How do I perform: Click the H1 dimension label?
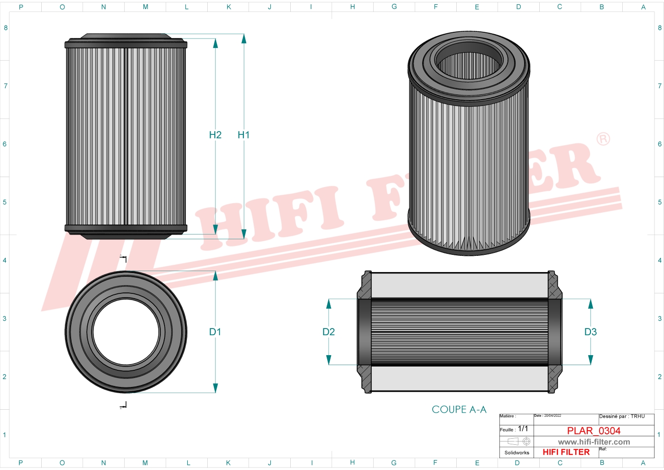[x=243, y=135]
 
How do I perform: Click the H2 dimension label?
[x=215, y=135]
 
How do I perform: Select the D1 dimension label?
[x=215, y=332]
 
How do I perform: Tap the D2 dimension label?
[x=329, y=332]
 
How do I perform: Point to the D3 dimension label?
[x=590, y=332]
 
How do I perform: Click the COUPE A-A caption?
[x=459, y=410]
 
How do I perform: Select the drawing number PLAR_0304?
[x=594, y=431]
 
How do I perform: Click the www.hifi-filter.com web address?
[x=594, y=442]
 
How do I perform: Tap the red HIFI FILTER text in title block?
[x=566, y=452]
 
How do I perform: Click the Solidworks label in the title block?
[x=516, y=453]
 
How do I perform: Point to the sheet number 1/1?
[x=523, y=429]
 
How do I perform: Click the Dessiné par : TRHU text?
[x=622, y=416]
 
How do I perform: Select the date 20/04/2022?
[x=552, y=416]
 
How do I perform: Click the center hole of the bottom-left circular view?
[x=126, y=332]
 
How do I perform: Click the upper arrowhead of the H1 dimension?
[x=244, y=38]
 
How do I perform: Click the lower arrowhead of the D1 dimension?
[x=215, y=388]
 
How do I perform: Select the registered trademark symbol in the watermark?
[x=603, y=139]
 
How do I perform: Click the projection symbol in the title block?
[x=519, y=442]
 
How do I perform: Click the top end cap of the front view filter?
[x=126, y=42]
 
